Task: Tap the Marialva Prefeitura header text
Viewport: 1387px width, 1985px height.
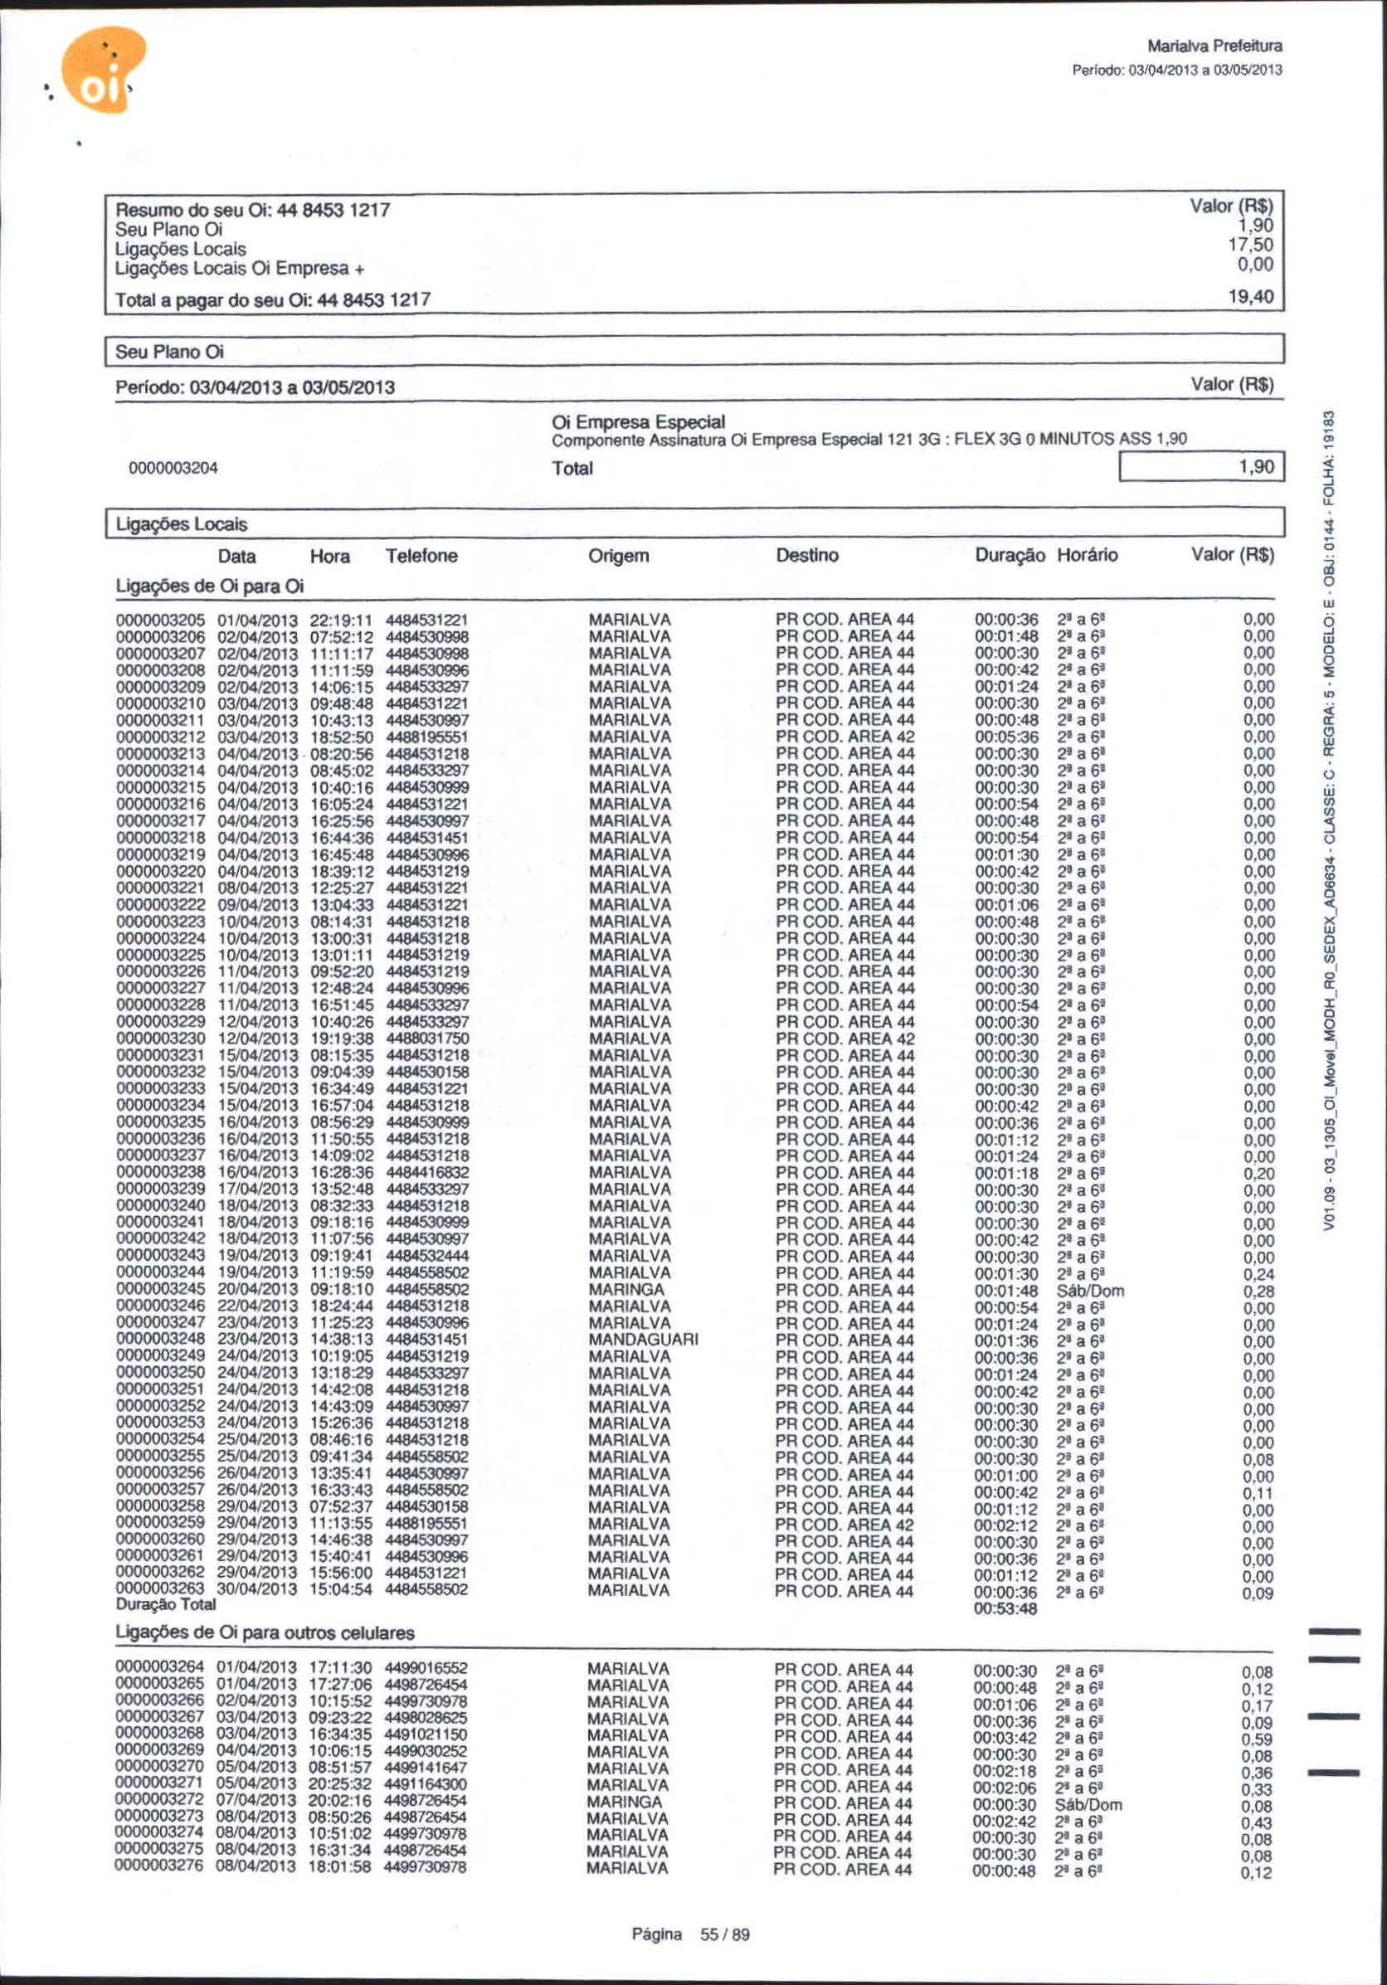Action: click(1214, 46)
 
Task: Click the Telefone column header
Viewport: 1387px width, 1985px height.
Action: click(421, 556)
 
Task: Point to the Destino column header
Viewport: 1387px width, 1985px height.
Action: click(807, 555)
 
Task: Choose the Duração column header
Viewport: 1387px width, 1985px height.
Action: click(1009, 555)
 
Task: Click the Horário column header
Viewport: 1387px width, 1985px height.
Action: click(1087, 555)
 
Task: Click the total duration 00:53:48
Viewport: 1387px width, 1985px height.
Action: click(1005, 1609)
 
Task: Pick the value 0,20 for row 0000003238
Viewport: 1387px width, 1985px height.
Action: click(1258, 1173)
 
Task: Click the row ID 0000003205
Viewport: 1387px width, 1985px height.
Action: click(160, 620)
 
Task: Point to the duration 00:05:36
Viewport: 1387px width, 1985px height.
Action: click(1006, 737)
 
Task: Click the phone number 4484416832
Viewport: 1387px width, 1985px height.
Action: click(426, 1172)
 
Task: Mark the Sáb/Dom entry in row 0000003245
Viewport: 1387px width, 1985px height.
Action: click(1089, 1291)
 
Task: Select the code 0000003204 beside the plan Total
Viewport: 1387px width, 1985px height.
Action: click(173, 469)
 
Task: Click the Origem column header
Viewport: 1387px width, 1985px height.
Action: click(618, 556)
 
